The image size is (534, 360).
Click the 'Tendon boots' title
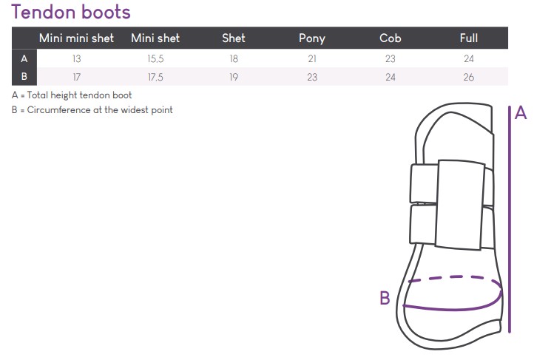click(71, 13)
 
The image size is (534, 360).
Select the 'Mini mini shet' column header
click(76, 38)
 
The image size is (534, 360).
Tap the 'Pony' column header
click(311, 38)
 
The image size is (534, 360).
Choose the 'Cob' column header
click(390, 38)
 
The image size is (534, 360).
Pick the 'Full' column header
click(468, 38)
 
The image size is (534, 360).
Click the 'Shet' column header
click(234, 38)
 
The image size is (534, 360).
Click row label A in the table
click(24, 58)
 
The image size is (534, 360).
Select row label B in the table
click(24, 76)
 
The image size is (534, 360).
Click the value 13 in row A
click(77, 58)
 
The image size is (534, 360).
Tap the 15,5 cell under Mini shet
click(155, 58)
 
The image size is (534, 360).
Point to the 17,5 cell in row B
click(155, 76)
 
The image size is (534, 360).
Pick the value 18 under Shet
click(234, 58)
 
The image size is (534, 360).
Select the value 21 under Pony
click(311, 58)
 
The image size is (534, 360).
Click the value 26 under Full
click(468, 76)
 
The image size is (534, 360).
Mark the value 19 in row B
click(234, 76)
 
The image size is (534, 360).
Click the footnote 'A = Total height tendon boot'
click(72, 95)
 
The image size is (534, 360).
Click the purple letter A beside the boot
click(521, 113)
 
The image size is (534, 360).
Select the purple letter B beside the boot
click(385, 299)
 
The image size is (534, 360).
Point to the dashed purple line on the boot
click(451, 277)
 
